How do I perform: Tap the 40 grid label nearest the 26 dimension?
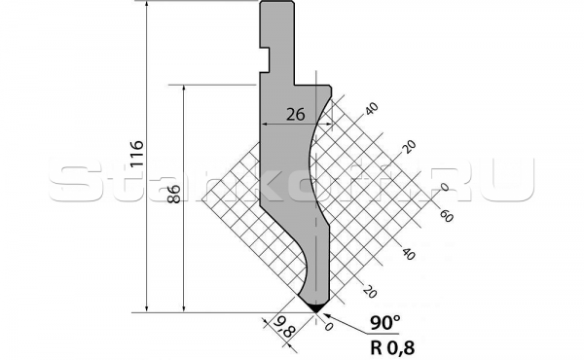click(x=370, y=107)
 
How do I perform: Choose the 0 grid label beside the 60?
click(x=444, y=187)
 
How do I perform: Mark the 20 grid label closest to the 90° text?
click(x=368, y=290)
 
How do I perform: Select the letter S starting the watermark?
click(x=69, y=182)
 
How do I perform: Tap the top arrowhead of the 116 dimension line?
click(x=147, y=6)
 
